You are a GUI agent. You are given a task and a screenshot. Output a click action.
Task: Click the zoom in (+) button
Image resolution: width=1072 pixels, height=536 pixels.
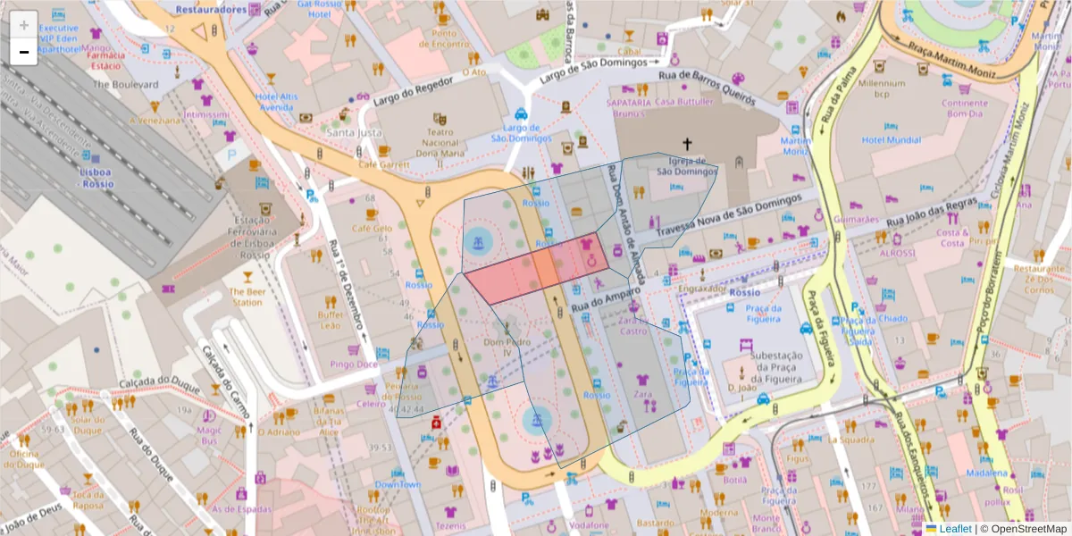(x=23, y=24)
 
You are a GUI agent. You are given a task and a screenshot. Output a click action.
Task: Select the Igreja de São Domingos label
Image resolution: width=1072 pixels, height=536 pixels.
(x=687, y=166)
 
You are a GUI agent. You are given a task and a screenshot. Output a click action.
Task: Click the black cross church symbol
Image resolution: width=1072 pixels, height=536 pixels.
(x=687, y=144)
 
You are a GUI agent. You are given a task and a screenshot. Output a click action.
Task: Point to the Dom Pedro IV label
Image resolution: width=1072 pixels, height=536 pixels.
(x=501, y=347)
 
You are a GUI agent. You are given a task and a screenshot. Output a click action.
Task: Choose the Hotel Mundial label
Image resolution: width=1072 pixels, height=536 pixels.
(x=891, y=140)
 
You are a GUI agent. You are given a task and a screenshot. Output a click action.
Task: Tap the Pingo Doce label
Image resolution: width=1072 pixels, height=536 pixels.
(x=356, y=364)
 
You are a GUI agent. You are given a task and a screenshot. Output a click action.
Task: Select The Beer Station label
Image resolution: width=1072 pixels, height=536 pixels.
(x=247, y=297)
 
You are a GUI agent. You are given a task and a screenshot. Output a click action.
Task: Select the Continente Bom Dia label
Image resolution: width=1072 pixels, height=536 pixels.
(x=964, y=108)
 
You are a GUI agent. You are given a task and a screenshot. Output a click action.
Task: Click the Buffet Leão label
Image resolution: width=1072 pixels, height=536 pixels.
(x=331, y=320)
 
